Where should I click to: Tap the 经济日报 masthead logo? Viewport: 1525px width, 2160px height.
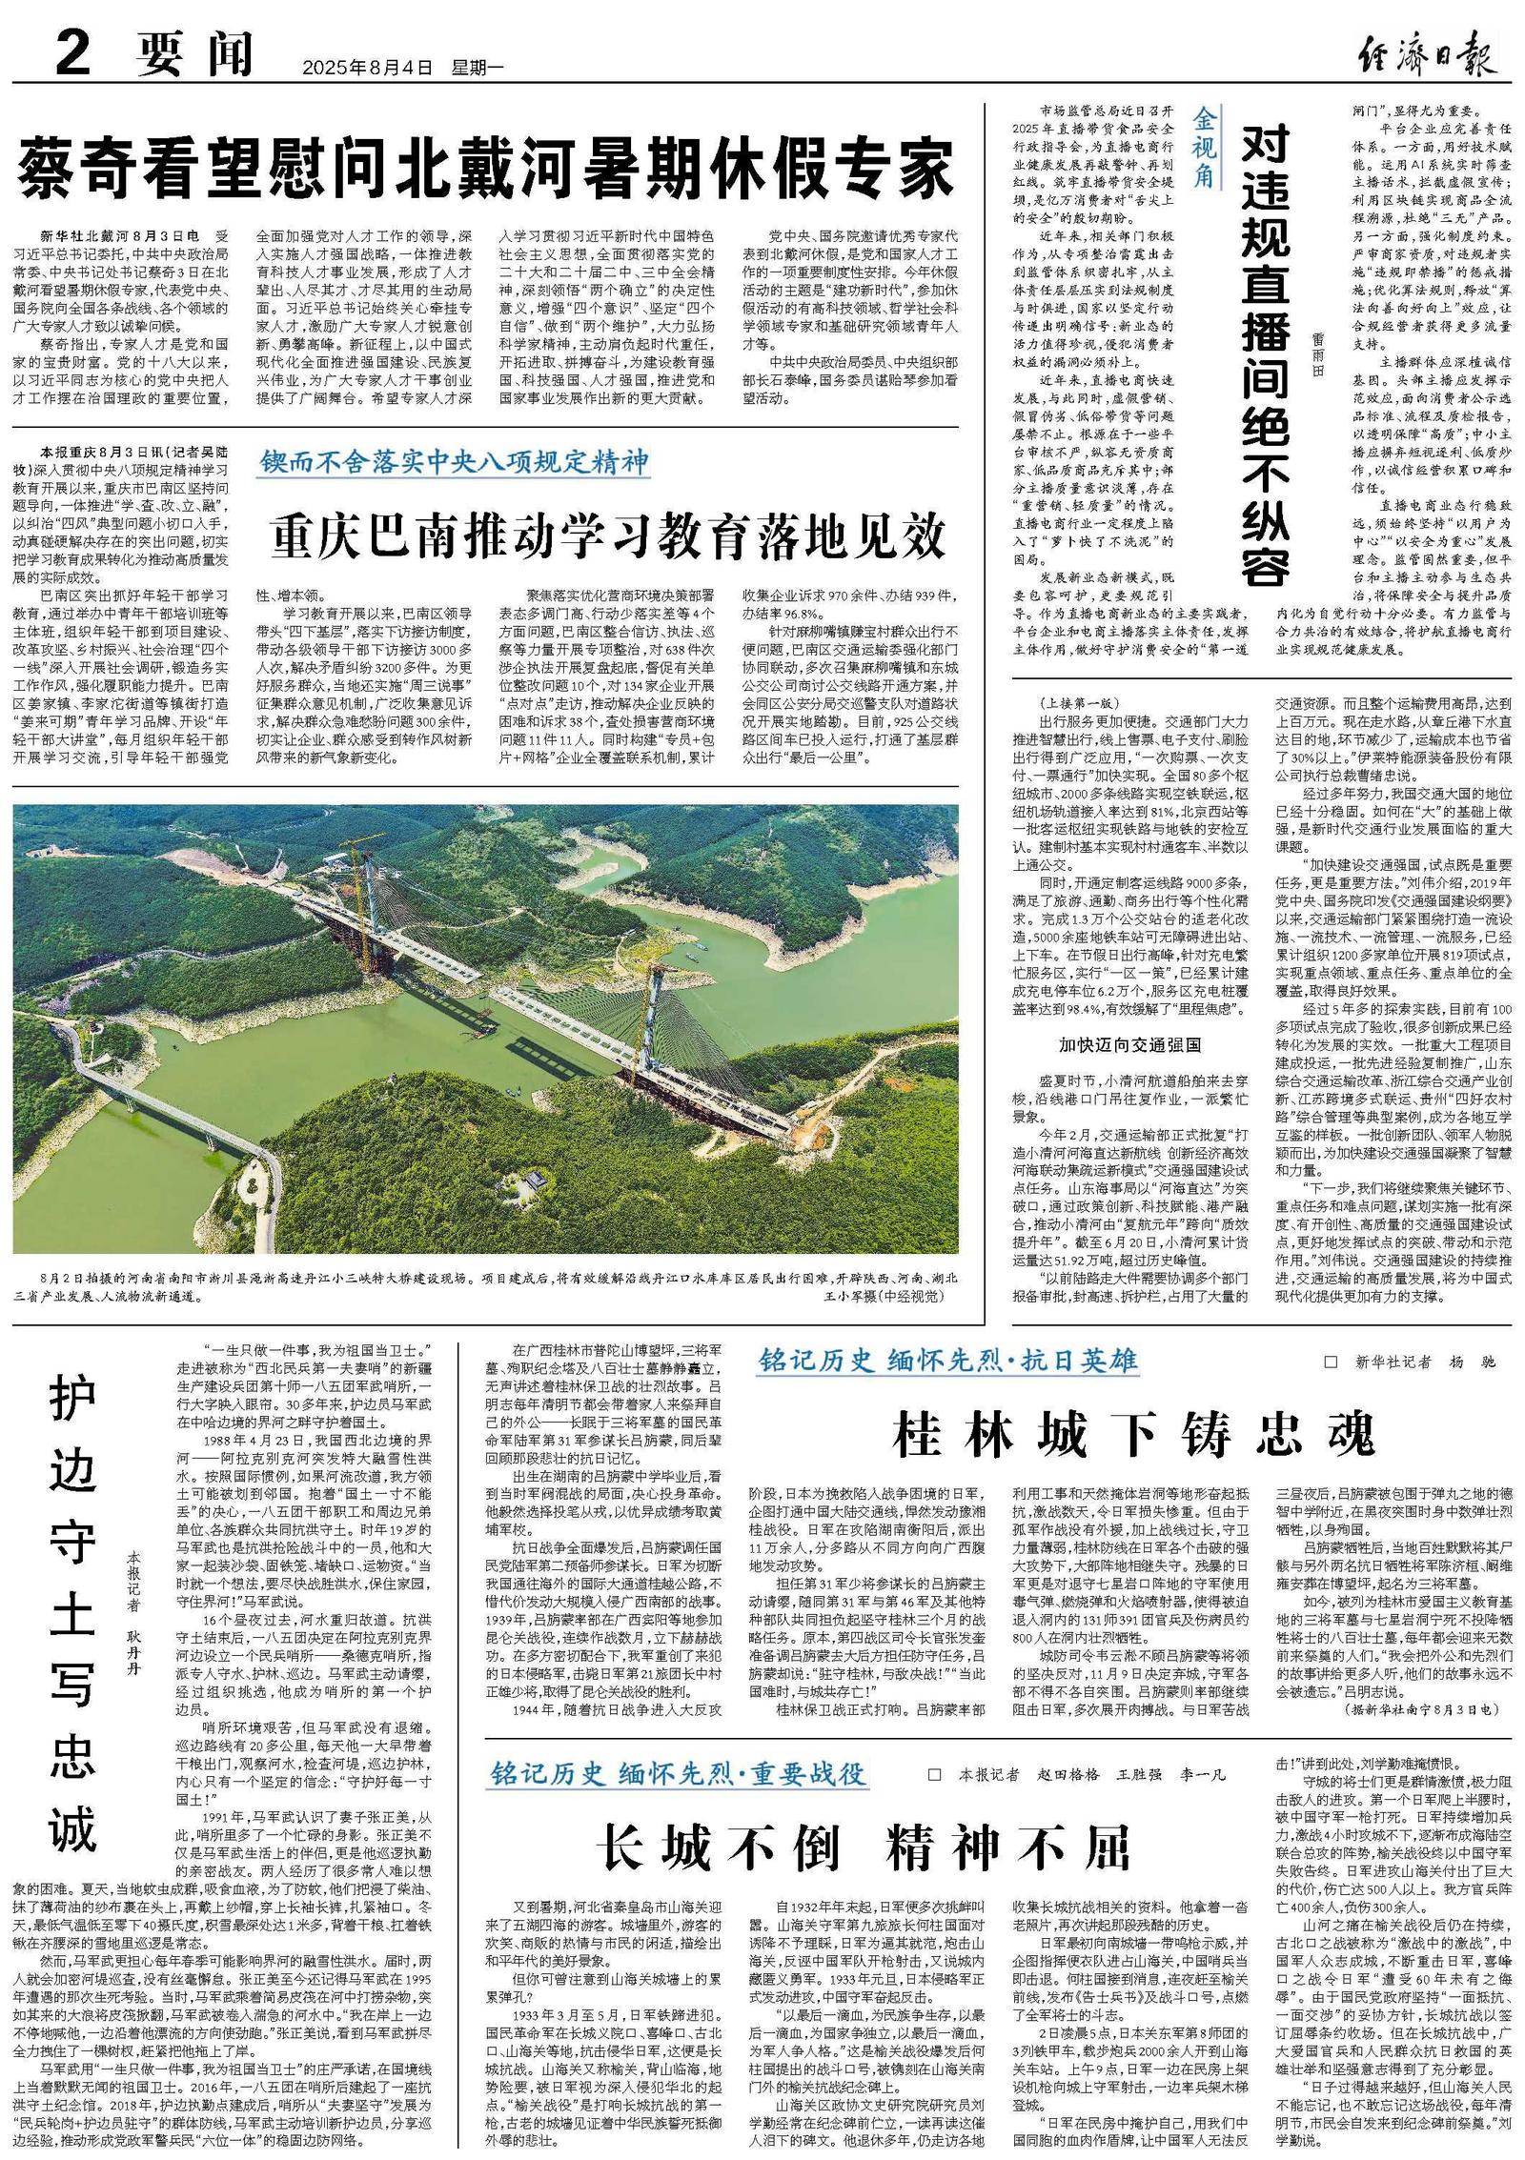pyautogui.click(x=1426, y=55)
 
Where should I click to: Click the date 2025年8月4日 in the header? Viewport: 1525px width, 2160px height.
pyautogui.click(x=367, y=68)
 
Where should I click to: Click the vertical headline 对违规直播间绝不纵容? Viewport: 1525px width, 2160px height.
pyautogui.click(x=1266, y=353)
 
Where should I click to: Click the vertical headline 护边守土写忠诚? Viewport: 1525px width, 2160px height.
pyautogui.click(x=73, y=1610)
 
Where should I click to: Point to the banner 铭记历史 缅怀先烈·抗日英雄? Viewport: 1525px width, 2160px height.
pyautogui.click(x=947, y=1360)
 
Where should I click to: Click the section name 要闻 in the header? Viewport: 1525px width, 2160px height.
pyautogui.click(x=194, y=55)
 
